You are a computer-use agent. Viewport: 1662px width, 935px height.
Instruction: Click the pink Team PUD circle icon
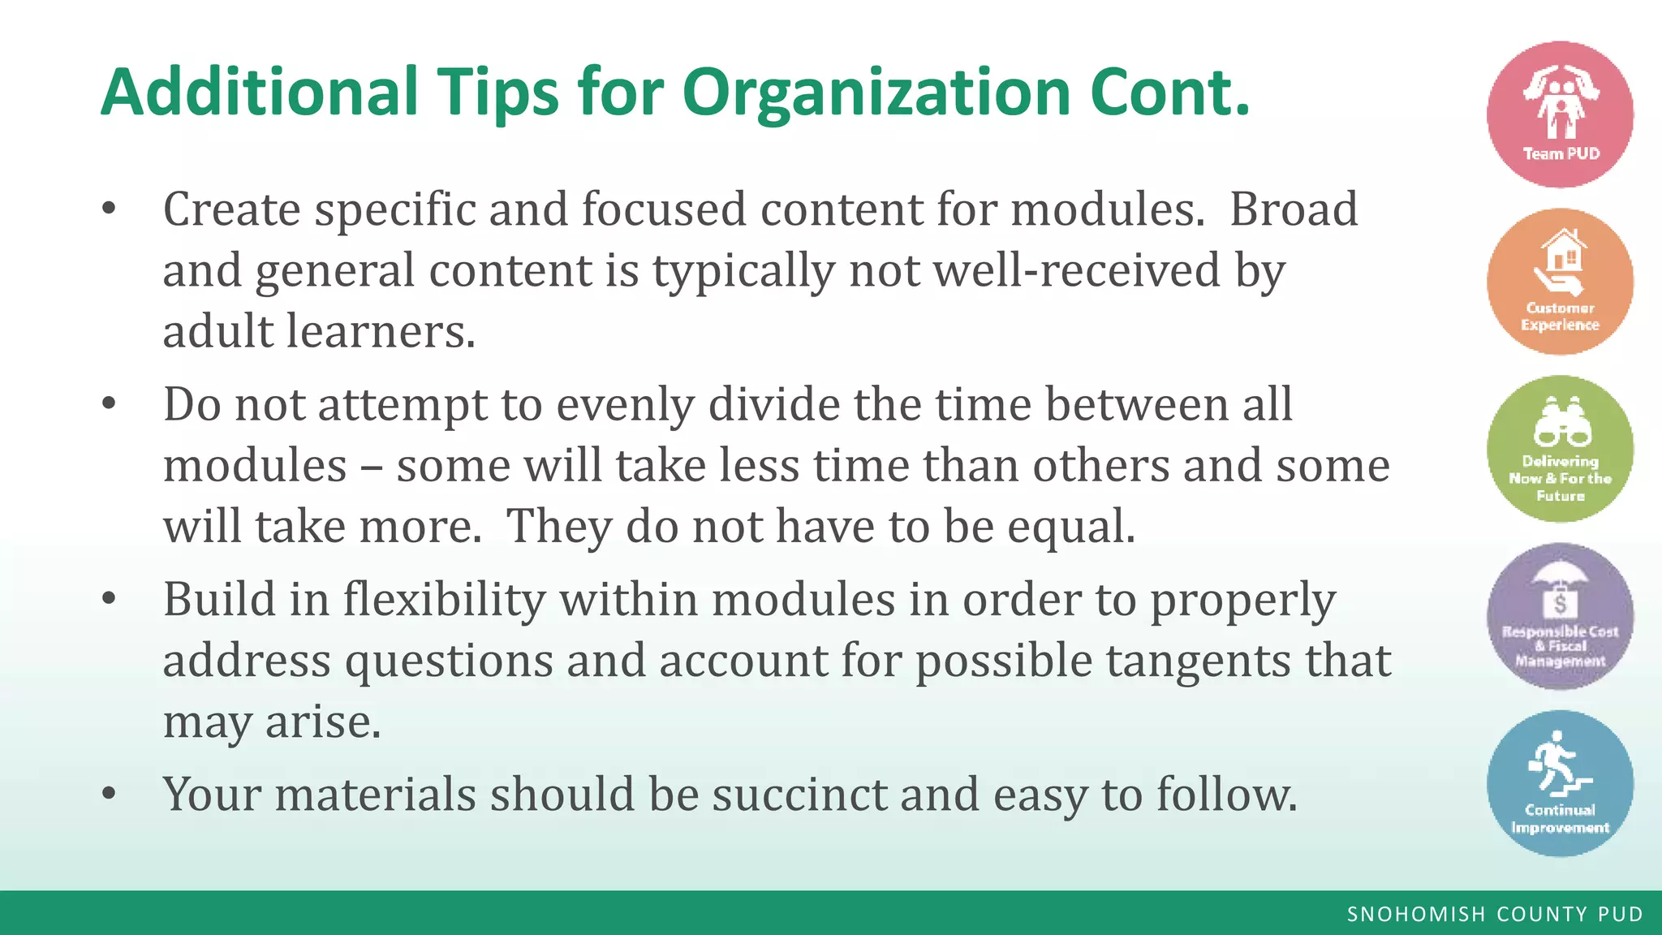coord(1560,114)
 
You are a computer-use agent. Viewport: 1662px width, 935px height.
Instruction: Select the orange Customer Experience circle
coord(1560,282)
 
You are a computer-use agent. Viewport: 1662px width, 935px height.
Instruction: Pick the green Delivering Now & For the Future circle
coord(1560,449)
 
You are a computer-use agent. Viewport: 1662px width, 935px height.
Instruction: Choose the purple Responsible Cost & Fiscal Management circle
coord(1560,616)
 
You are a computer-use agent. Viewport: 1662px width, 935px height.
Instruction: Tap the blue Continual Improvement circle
coord(1560,783)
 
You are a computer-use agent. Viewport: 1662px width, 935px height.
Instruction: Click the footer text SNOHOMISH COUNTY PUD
coord(1495,914)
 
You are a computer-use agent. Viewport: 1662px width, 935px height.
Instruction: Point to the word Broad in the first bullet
coord(1293,209)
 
